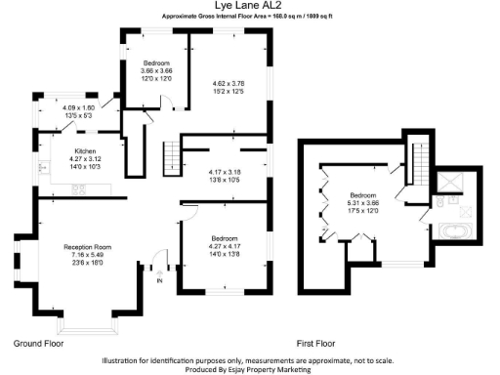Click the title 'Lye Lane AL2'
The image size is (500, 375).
249,7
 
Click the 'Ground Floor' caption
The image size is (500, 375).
39,345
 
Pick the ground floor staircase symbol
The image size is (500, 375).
171,155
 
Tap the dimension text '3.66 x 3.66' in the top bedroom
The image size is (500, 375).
156,70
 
